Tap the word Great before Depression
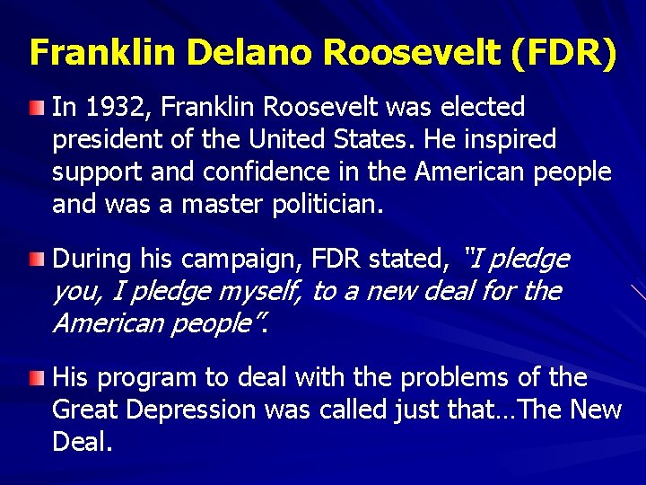(x=85, y=410)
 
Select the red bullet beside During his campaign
(x=35, y=260)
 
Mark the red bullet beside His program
(x=35, y=379)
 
